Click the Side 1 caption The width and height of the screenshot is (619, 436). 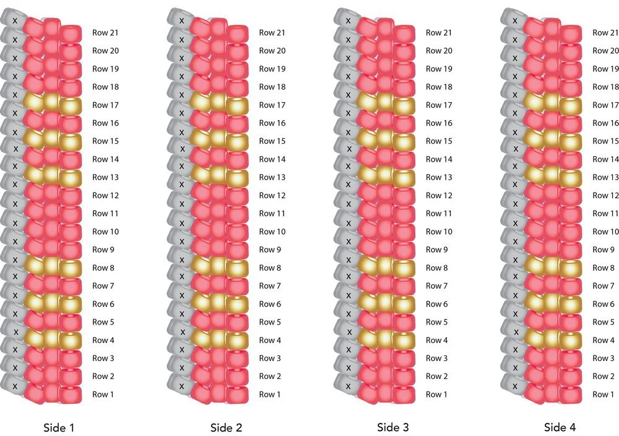[59, 427]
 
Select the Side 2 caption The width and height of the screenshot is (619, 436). [226, 427]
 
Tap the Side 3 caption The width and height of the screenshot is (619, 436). [393, 427]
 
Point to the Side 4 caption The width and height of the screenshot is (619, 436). [560, 427]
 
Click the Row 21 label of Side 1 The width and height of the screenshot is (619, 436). [105, 33]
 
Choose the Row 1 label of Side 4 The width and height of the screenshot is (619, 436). [603, 395]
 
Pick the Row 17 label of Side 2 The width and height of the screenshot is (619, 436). [272, 105]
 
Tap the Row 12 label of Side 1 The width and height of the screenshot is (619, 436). [105, 196]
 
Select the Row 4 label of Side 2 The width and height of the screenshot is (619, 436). [270, 340]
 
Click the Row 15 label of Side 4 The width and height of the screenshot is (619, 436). [605, 141]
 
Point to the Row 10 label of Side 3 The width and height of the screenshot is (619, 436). [439, 232]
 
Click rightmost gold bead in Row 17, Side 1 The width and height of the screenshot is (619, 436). [71, 105]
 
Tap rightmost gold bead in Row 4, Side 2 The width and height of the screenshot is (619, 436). [237, 340]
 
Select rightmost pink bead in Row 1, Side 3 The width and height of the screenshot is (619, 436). [404, 395]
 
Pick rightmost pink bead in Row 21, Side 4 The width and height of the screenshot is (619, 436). [571, 33]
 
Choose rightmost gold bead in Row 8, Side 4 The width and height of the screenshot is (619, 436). [571, 268]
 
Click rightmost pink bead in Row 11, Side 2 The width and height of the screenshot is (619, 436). [237, 214]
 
